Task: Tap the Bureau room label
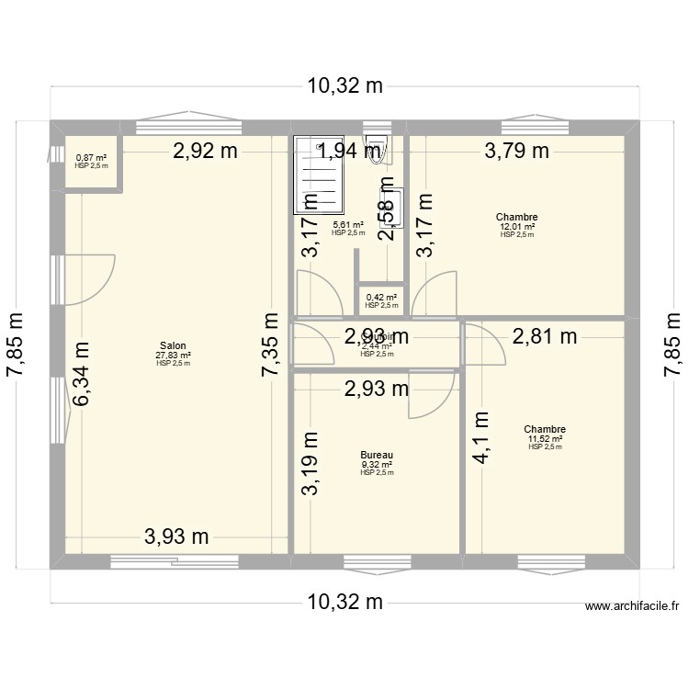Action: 377,455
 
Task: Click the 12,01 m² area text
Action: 517,226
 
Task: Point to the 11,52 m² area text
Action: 545,439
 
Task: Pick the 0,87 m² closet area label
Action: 91,157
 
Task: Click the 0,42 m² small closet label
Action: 381,297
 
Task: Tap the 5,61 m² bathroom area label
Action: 348,225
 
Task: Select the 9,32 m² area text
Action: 377,464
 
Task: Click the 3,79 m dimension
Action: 517,152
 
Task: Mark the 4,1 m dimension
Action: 481,440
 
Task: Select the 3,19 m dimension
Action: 312,464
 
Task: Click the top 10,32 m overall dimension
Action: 344,87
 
